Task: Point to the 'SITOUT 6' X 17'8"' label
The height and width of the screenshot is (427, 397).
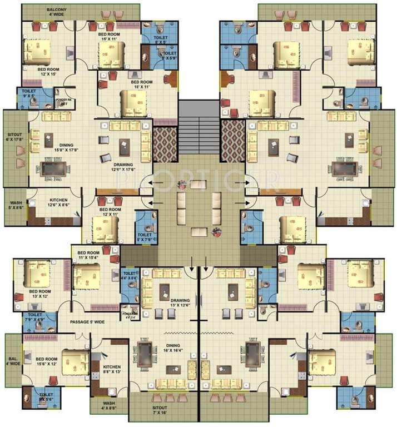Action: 14,137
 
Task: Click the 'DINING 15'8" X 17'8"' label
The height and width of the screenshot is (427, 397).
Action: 63,146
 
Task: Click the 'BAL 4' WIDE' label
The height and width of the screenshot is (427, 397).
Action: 13,361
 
